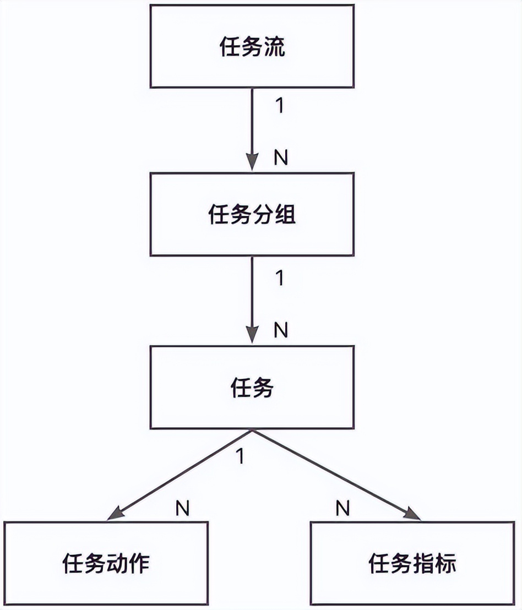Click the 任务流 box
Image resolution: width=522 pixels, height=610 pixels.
tap(252, 47)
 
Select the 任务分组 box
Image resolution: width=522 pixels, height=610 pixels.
tap(252, 215)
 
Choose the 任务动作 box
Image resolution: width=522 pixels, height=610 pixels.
tap(106, 564)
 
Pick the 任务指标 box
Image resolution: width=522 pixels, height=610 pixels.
tap(413, 564)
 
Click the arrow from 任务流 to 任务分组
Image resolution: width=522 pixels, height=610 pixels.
tap(252, 129)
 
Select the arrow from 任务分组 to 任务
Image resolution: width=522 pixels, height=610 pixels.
tap(252, 300)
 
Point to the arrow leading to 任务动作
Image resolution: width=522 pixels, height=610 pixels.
tap(182, 473)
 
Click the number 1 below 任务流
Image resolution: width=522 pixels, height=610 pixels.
tap(279, 106)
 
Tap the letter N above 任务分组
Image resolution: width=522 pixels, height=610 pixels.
tap(281, 158)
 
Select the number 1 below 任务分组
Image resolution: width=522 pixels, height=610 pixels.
tap(279, 279)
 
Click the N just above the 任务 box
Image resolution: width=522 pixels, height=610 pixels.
tap(281, 330)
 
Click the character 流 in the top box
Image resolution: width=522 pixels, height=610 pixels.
tap(275, 47)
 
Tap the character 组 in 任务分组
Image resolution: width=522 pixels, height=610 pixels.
tap(285, 215)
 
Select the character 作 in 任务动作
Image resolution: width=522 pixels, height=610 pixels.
tap(139, 565)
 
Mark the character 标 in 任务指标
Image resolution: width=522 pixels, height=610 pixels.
tap(446, 565)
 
